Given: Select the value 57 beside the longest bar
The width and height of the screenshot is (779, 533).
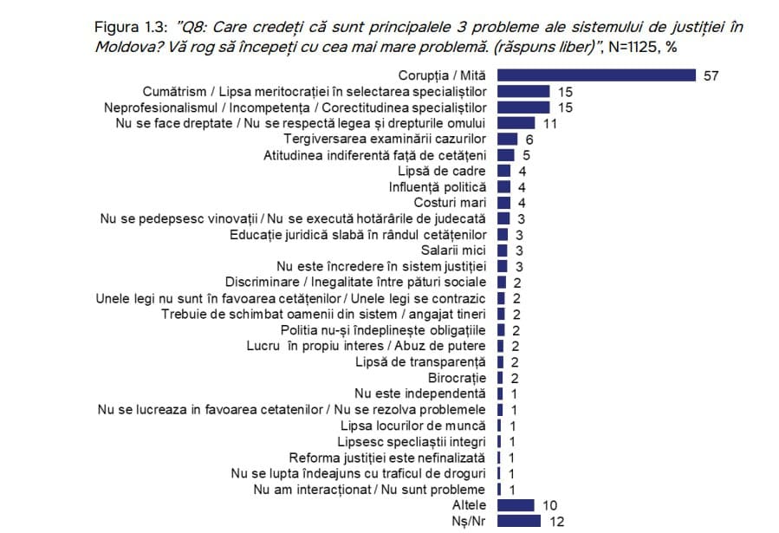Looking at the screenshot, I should tap(711, 75).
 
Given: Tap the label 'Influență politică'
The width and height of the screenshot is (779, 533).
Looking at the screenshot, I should tap(438, 187).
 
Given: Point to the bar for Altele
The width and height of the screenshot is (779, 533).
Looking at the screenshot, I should tap(516, 505).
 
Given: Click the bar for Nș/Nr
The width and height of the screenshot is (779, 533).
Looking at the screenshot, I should tap(518, 522).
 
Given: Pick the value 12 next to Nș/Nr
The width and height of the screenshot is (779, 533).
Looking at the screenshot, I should tap(557, 522).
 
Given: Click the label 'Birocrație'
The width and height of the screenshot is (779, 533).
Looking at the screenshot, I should tap(458, 378).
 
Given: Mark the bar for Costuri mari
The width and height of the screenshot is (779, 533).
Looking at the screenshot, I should tap(503, 203).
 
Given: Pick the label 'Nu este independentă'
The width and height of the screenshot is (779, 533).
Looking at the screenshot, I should tap(426, 393).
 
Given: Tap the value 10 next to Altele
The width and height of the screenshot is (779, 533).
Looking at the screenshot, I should tap(550, 505).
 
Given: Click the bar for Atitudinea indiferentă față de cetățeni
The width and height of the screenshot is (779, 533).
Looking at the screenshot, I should tap(506, 155).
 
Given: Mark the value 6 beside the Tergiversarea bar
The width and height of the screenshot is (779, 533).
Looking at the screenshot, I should tap(529, 140).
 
